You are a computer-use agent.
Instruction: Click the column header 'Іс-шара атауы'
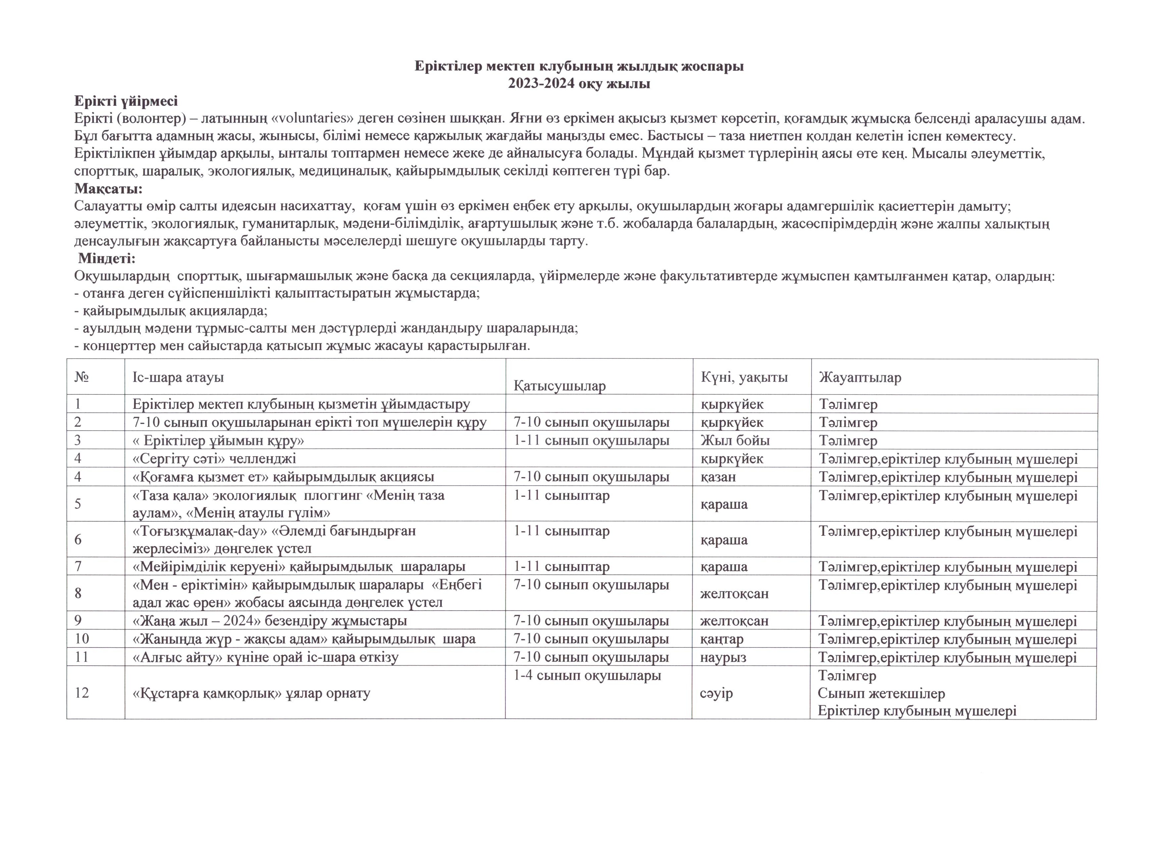coord(178,378)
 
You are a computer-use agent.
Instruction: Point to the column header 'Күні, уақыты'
coord(744,378)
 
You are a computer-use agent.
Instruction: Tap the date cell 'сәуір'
coord(716,693)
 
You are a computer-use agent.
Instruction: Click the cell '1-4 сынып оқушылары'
coord(587,675)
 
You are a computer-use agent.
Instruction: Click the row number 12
coord(82,693)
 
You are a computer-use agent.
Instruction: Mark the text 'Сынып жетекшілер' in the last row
coord(881,693)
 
